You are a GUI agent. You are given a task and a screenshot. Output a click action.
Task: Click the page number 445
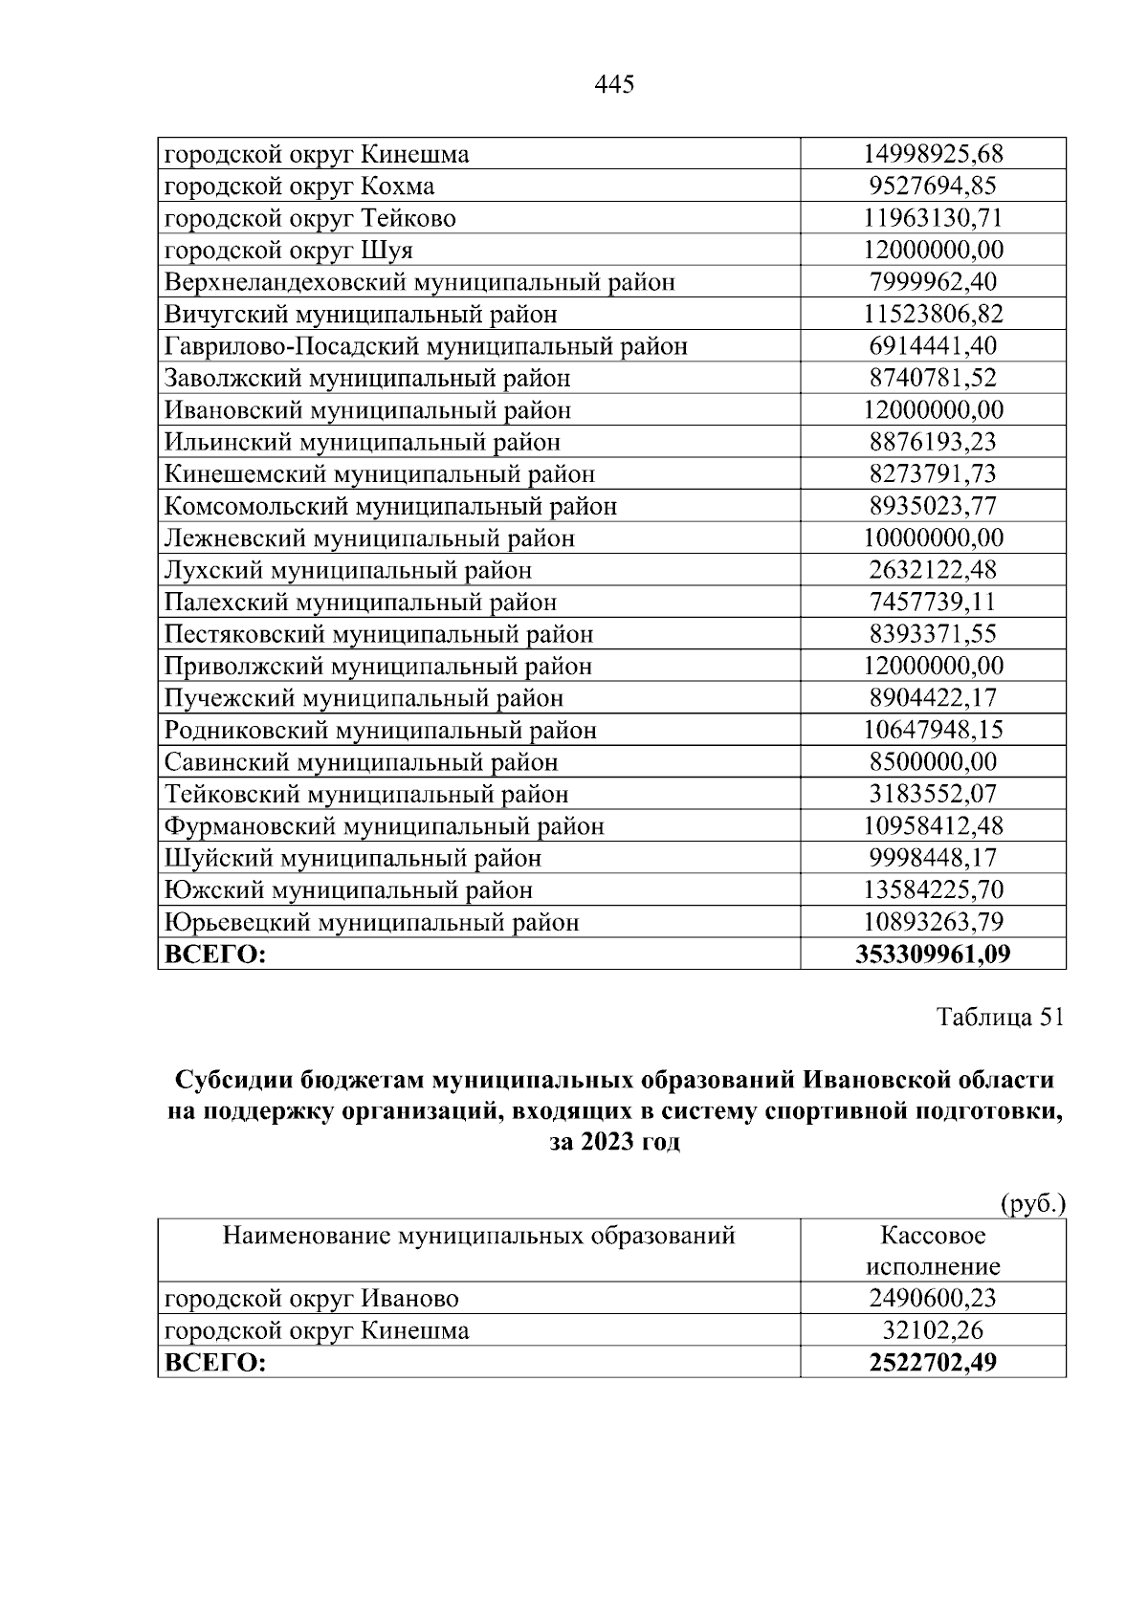point(614,85)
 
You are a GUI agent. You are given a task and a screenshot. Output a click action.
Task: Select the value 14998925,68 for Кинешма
point(933,154)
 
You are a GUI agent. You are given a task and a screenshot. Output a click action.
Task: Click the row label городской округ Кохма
point(299,186)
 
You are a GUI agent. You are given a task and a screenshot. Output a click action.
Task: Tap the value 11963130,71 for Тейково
point(933,218)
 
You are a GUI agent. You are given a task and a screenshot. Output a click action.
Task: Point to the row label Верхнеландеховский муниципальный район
point(420,282)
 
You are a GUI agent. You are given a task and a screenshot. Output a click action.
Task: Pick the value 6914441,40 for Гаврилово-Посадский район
point(933,346)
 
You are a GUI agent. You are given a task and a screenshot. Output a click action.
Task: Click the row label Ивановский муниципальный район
point(367,410)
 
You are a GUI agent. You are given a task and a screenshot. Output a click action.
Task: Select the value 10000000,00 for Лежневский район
point(933,538)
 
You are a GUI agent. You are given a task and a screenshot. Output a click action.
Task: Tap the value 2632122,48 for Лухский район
point(933,570)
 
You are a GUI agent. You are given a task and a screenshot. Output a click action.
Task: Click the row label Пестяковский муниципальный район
point(379,634)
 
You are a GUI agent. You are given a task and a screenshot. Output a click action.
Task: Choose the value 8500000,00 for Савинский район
point(933,762)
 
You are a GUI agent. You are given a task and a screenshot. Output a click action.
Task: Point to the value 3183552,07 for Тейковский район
point(933,794)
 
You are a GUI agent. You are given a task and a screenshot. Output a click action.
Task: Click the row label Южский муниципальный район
point(348,890)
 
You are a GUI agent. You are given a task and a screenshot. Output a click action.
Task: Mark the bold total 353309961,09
point(933,954)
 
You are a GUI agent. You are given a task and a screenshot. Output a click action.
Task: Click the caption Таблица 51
point(1000,1018)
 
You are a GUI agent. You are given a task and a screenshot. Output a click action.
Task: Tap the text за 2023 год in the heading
point(614,1143)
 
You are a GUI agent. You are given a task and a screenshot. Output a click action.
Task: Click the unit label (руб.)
point(1031,1203)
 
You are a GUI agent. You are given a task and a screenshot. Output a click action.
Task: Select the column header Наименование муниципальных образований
point(478,1236)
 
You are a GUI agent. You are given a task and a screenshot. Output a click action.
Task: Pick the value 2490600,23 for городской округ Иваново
point(933,1299)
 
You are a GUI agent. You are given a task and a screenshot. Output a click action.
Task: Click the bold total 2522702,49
point(933,1363)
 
